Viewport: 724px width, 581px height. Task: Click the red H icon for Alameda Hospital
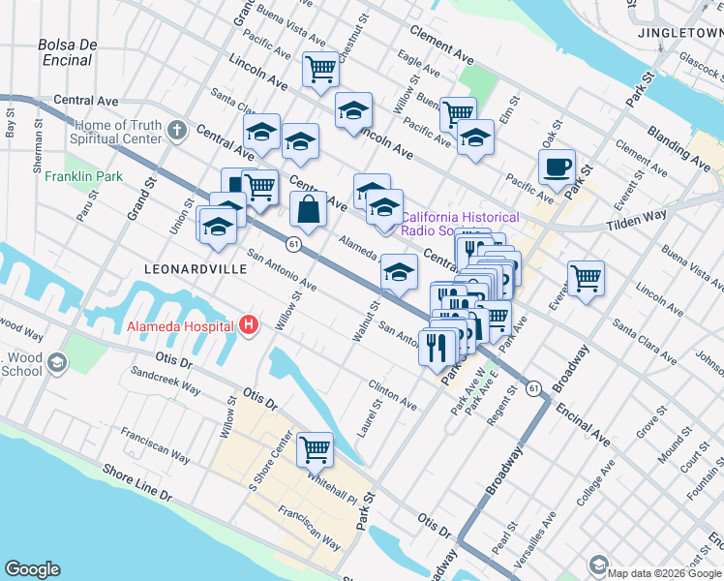click(x=249, y=325)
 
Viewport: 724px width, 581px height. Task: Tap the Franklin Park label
click(x=83, y=177)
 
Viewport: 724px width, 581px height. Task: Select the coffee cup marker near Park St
click(x=557, y=167)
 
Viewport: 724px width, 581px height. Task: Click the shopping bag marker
click(x=308, y=209)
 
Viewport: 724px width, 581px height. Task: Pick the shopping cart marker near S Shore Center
click(x=315, y=448)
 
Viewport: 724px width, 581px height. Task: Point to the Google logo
click(x=33, y=569)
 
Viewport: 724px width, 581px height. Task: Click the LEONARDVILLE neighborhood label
click(x=195, y=268)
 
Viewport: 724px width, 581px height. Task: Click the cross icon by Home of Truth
click(x=176, y=130)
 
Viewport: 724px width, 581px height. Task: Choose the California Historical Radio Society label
click(x=460, y=224)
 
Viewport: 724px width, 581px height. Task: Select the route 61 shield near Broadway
click(x=534, y=387)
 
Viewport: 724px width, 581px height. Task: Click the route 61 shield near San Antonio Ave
click(x=293, y=245)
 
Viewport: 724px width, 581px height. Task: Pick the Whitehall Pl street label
click(x=332, y=480)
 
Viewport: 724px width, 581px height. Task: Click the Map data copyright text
click(x=664, y=572)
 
